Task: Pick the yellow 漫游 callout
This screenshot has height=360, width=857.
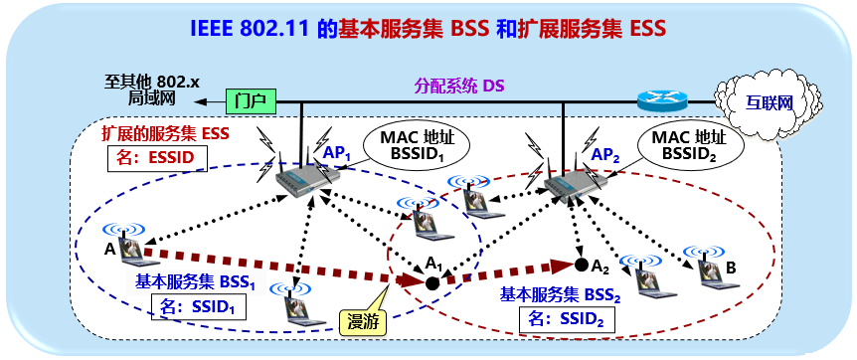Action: coord(362,320)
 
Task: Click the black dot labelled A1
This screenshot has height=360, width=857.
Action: coord(432,283)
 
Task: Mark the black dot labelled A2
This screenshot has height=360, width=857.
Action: coord(581,266)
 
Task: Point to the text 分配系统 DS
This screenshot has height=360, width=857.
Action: coord(458,86)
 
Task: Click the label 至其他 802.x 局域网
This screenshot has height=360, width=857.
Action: coord(149,89)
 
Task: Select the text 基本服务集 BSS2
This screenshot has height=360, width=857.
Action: coord(563,293)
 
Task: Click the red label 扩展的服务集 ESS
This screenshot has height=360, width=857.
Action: coord(167,132)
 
